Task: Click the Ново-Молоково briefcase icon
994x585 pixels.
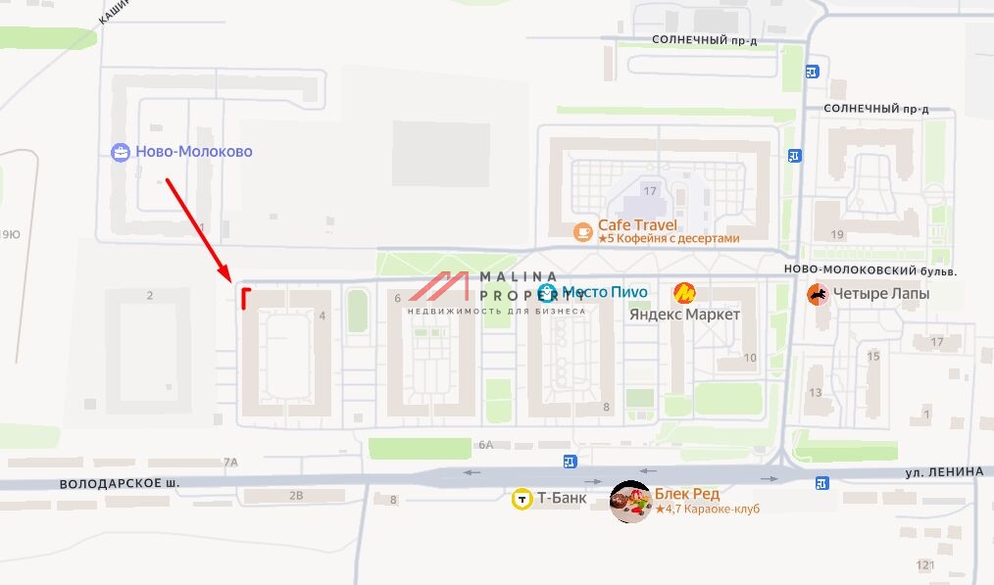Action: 121,152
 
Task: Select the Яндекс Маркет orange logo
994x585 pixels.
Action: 684,292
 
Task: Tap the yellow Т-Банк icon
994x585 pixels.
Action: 522,499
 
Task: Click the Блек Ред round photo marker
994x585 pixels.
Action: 630,502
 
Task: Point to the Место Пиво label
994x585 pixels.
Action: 604,292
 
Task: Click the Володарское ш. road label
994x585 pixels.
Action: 120,484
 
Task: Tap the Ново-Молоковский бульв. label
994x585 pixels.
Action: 870,270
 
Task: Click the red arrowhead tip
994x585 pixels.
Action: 228,280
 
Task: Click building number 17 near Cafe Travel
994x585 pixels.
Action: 649,189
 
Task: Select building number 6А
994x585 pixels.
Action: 486,445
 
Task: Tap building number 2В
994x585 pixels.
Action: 296,496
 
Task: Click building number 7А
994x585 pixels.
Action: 230,462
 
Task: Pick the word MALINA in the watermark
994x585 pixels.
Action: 520,276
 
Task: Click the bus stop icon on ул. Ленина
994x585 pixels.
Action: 821,482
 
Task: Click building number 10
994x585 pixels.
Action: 750,358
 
